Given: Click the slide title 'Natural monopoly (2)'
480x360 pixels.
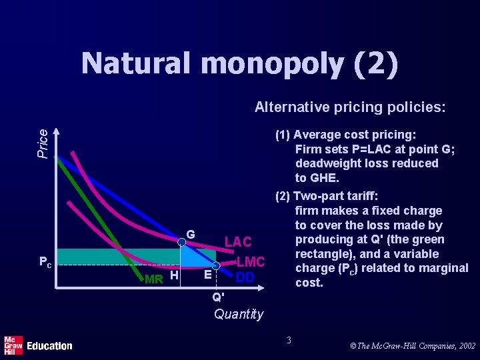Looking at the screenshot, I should click(x=240, y=65).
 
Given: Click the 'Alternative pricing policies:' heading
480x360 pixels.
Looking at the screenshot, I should click(x=350, y=107).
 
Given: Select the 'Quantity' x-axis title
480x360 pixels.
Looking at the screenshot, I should click(x=239, y=314).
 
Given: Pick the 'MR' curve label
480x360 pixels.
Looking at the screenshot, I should click(x=154, y=279).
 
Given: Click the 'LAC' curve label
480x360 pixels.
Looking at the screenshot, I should click(x=238, y=242).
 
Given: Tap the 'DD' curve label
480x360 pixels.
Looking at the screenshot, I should click(x=245, y=276).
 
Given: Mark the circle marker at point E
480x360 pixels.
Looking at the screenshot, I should click(x=215, y=265).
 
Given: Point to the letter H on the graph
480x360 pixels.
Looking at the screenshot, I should click(x=173, y=275).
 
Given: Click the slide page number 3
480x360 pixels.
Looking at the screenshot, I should click(x=289, y=341).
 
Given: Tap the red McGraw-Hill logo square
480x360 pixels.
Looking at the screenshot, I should click(x=13, y=345).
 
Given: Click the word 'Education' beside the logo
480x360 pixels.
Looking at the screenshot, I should click(x=49, y=345).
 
